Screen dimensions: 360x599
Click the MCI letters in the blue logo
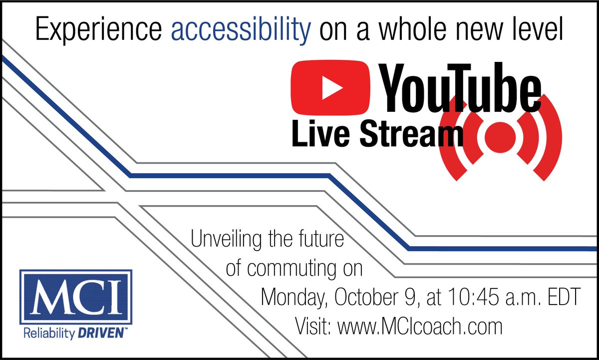[76, 298]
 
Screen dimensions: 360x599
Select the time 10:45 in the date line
[484, 300]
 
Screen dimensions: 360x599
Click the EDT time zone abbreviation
[562, 300]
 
